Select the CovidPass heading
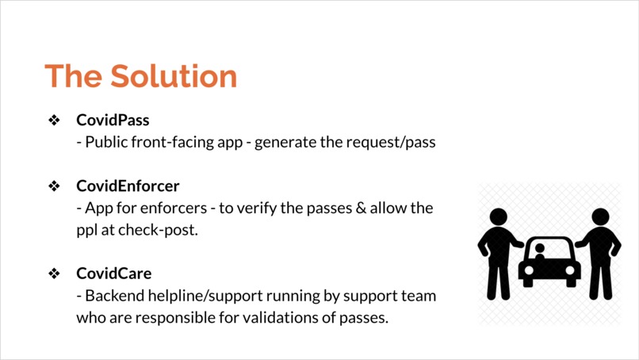click(x=113, y=121)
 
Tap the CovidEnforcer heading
click(x=128, y=186)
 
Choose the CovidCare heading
click(x=113, y=274)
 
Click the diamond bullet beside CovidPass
click(x=55, y=121)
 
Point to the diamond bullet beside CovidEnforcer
click(x=55, y=186)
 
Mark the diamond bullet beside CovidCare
click(x=55, y=274)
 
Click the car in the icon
click(x=549, y=262)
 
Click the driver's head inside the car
click(x=540, y=250)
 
